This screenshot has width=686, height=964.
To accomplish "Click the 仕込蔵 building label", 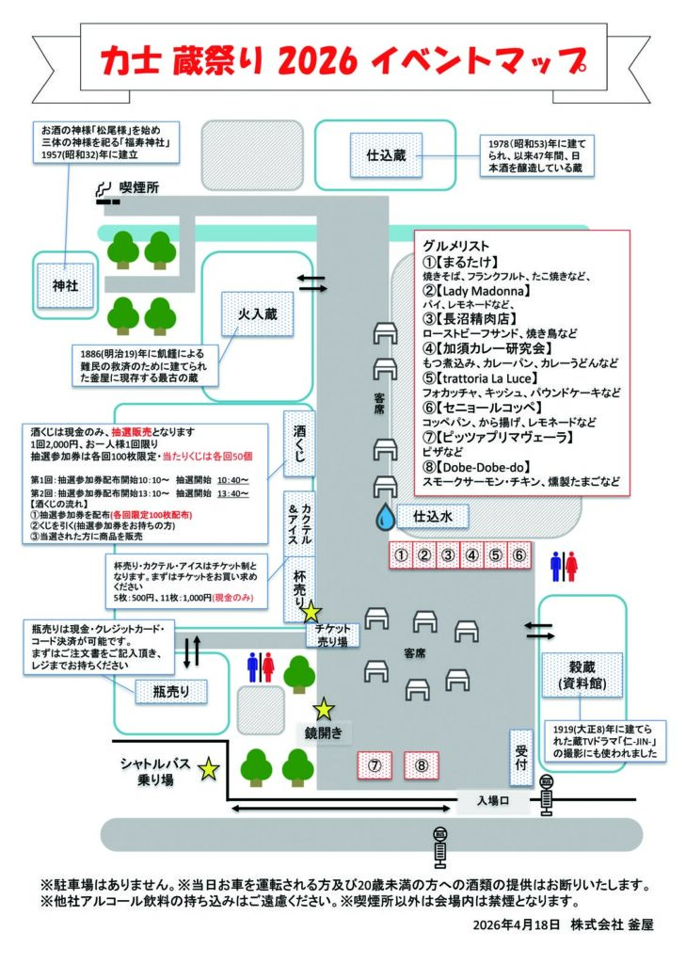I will tap(386, 154).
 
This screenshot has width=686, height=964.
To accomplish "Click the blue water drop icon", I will tap(384, 516).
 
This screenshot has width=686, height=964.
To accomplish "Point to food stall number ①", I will tap(402, 555).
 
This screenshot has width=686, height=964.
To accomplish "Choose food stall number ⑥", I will tap(519, 555).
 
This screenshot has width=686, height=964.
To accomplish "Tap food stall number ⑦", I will tap(375, 765).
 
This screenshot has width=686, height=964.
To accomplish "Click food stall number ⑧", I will tap(422, 765).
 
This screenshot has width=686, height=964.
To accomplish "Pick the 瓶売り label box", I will tap(169, 692).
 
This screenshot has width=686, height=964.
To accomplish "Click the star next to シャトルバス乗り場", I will tap(209, 770).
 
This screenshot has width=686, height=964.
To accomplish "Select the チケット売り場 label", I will tap(332, 635).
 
